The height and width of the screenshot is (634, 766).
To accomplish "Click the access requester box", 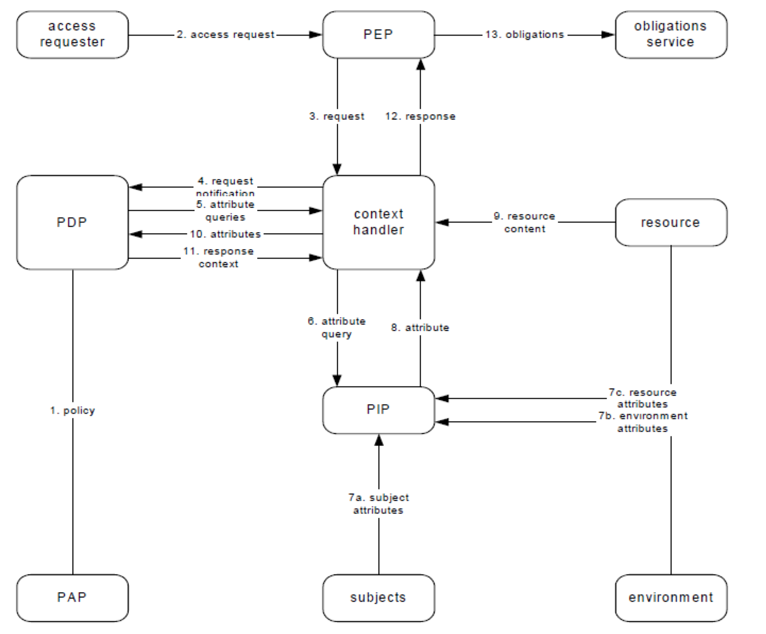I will [x=72, y=35].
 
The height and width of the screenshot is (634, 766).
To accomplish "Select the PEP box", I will [x=378, y=35].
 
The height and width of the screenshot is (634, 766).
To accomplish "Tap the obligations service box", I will [x=670, y=35].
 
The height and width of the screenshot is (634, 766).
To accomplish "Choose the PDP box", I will [x=72, y=222].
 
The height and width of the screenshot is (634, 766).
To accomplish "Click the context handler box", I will [x=378, y=222].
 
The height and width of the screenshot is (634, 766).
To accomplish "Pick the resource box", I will [x=670, y=222].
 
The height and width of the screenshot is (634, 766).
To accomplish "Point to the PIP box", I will [x=378, y=410].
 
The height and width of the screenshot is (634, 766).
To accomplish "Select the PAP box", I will [x=72, y=597].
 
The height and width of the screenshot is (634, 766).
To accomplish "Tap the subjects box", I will [x=378, y=597].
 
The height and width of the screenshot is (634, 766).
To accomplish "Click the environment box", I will [x=670, y=597].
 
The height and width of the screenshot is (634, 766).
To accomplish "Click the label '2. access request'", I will [x=226, y=35].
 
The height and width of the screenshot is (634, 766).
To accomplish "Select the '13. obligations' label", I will [x=524, y=35].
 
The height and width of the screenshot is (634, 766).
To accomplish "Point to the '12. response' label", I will [x=420, y=116].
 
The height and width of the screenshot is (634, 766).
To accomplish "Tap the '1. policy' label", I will [x=73, y=410].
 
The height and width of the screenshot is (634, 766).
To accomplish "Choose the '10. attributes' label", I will [x=225, y=234].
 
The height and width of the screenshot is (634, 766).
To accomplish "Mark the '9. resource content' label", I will [x=524, y=222].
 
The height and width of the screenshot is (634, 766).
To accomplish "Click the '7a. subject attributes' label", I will [x=378, y=504].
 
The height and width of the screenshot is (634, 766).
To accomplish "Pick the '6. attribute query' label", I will [x=337, y=328].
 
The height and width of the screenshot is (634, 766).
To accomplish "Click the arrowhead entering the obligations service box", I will [x=608, y=35].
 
